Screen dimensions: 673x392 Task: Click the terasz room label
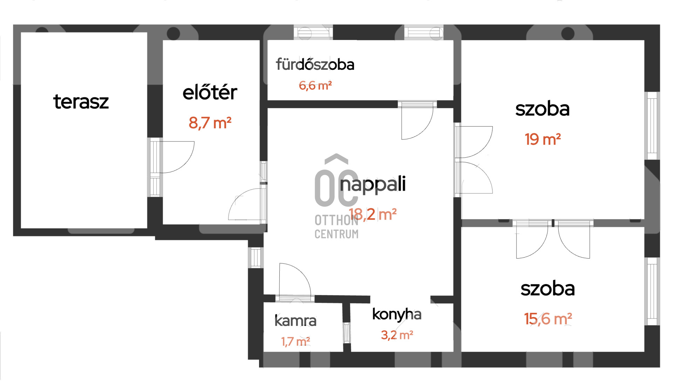pyautogui.click(x=81, y=102)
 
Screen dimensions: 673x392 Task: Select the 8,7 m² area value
pyautogui.click(x=210, y=123)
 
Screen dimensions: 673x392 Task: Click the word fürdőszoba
pyautogui.click(x=315, y=64)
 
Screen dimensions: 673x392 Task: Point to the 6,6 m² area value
pyautogui.click(x=315, y=85)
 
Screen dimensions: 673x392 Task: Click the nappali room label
pyautogui.click(x=373, y=185)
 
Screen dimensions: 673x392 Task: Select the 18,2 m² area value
pyautogui.click(x=373, y=214)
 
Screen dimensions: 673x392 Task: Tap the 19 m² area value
pyautogui.click(x=543, y=139)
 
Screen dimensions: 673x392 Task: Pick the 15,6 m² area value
pyautogui.click(x=548, y=319)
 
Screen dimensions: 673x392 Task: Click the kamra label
pyautogui.click(x=295, y=321)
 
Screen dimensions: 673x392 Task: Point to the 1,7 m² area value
pyautogui.click(x=295, y=342)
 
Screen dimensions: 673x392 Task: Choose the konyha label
pyautogui.click(x=397, y=315)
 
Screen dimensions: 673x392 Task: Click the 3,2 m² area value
pyautogui.click(x=397, y=335)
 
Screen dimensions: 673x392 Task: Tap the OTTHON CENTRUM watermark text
pyautogui.click(x=336, y=227)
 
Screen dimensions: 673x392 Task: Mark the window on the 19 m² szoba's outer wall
pyautogui.click(x=652, y=126)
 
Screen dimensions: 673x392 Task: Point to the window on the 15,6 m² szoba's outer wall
pyautogui.click(x=652, y=291)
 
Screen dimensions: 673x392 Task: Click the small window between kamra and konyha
pyautogui.click(x=347, y=332)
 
